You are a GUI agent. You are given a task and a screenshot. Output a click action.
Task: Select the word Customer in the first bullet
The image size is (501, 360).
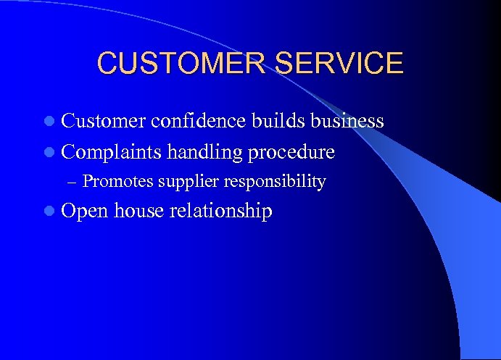104,121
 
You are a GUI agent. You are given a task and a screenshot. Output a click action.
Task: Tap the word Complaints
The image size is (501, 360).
111,152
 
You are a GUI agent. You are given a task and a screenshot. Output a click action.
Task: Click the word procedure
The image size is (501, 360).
291,153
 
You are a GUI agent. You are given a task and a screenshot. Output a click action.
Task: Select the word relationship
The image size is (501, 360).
220,212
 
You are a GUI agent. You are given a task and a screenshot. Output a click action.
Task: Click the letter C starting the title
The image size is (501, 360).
107,63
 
